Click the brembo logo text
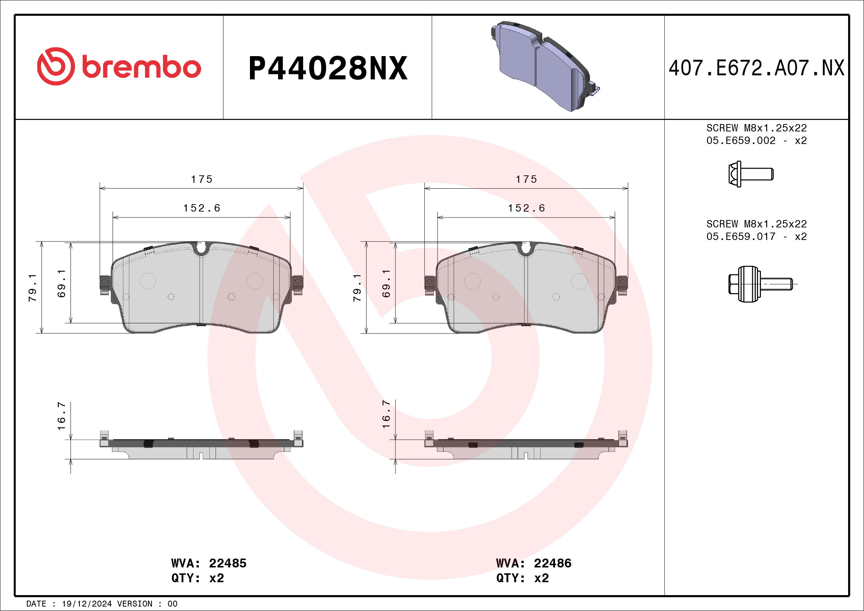point(141,68)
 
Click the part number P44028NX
point(328,68)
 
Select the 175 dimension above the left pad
point(202,179)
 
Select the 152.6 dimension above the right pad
point(527,208)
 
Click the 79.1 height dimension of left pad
point(33,288)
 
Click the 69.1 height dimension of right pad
point(387,283)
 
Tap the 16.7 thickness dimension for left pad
point(62,416)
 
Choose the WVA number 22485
point(227,563)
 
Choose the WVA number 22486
point(552,563)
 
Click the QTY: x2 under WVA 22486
point(522,578)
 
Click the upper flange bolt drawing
point(750,174)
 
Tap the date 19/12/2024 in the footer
point(86,604)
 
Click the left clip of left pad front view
point(104,285)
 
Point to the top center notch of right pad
point(527,248)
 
